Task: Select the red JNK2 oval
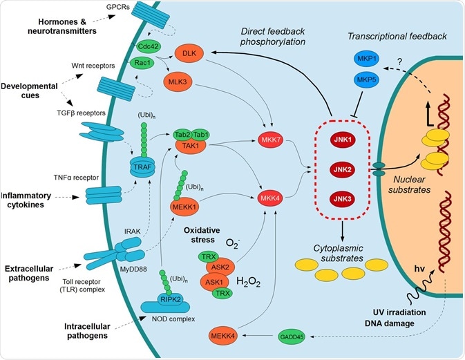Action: pos(339,169)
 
